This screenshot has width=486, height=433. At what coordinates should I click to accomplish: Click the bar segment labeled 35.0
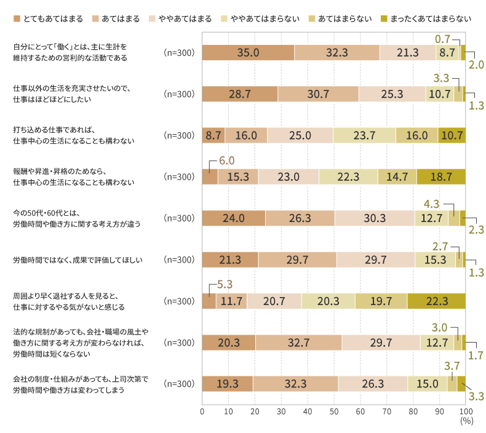(248, 53)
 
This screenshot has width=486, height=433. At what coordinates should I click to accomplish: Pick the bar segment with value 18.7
(440, 177)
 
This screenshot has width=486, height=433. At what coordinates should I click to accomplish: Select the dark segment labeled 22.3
(436, 301)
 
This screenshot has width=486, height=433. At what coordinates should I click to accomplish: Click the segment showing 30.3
(374, 218)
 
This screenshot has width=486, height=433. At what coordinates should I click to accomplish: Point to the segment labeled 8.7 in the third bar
(213, 135)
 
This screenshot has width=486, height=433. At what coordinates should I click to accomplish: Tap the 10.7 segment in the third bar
(451, 135)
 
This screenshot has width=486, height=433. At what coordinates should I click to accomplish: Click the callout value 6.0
(227, 161)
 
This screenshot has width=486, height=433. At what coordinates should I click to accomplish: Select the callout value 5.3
(225, 285)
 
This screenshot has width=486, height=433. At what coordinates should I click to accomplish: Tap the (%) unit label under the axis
(466, 421)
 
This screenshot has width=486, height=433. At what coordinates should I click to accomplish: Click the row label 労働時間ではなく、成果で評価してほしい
(78, 260)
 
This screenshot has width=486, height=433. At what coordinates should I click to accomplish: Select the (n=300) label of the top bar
(179, 53)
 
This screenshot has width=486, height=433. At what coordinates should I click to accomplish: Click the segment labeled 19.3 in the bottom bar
(227, 384)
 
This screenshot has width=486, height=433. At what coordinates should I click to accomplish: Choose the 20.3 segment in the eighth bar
(228, 343)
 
